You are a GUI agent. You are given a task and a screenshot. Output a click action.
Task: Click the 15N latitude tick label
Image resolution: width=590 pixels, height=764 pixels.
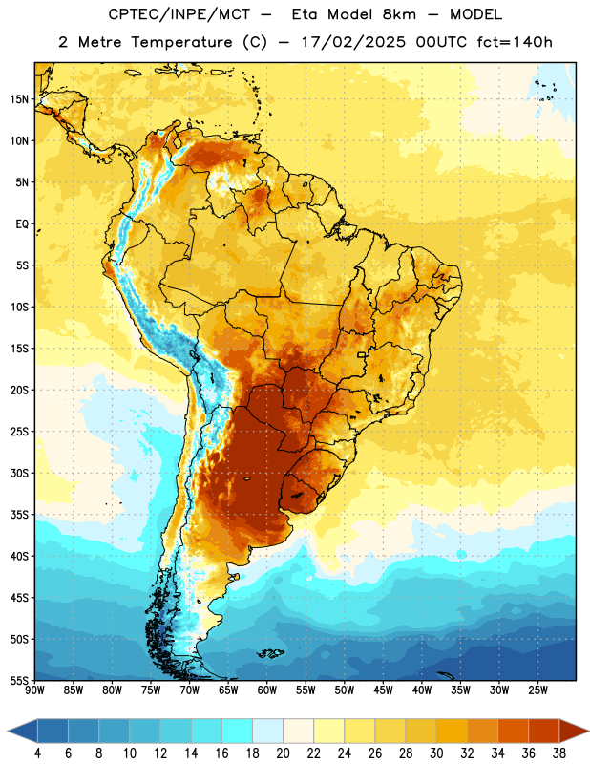pos(19,99)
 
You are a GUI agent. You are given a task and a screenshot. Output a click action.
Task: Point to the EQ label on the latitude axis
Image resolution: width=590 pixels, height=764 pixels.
pos(22,224)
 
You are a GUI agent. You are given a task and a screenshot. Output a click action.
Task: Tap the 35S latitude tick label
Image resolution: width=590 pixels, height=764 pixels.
pos(19,515)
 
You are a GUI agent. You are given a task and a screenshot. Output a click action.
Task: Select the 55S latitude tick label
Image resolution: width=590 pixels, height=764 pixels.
pos(19,680)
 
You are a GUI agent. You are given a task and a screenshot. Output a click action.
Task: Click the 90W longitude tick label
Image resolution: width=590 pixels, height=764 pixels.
pos(34,690)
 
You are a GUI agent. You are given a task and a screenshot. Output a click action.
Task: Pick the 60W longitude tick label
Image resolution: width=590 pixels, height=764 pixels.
pos(267,690)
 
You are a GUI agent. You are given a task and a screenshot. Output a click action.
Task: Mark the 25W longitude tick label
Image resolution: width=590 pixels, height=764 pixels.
pos(537,690)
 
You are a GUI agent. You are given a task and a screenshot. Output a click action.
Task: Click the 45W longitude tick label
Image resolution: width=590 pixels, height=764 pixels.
pos(383,690)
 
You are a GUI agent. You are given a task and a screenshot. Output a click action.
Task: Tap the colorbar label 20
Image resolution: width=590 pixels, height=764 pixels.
pos(283,753)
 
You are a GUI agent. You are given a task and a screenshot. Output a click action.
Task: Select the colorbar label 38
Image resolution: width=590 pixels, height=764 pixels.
pos(559,753)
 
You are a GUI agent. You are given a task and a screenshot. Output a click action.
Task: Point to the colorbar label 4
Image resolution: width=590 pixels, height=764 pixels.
pos(37,753)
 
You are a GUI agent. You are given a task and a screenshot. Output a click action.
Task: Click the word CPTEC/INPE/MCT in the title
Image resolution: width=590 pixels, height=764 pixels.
pos(179,14)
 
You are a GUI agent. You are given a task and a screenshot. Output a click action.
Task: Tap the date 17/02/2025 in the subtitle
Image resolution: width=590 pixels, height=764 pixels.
pos(353,42)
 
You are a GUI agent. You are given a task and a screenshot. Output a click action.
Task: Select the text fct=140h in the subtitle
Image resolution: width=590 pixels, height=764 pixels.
pos(515,42)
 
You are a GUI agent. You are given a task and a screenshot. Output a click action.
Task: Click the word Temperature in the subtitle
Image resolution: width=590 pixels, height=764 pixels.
pos(181,42)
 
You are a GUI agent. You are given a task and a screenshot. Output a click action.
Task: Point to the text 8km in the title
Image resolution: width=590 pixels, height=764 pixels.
pos(399,14)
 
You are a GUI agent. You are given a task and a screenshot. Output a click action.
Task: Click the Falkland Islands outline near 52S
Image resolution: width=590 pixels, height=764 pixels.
pos(271,653)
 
